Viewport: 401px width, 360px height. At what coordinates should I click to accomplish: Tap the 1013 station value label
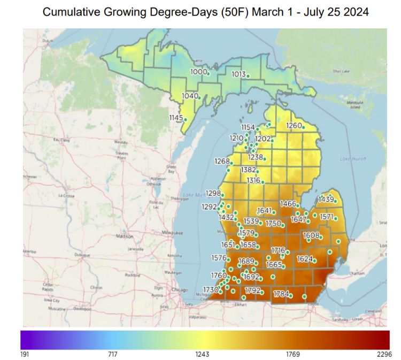click(x=238, y=74)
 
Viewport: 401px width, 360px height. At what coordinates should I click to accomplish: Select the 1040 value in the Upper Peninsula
click(x=190, y=96)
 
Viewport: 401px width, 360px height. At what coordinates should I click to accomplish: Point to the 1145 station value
click(x=176, y=118)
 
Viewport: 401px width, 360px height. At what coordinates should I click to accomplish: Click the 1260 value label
click(x=294, y=126)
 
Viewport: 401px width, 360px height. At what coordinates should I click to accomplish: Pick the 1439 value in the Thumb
click(x=326, y=200)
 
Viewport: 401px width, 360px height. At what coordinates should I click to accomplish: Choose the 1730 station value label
click(x=211, y=289)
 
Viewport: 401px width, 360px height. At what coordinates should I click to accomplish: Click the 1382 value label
click(x=248, y=170)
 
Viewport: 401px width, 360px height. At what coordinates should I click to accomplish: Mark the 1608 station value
click(x=311, y=235)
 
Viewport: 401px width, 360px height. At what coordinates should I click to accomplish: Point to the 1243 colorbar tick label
click(x=203, y=354)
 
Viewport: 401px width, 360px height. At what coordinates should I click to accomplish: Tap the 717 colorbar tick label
click(x=112, y=354)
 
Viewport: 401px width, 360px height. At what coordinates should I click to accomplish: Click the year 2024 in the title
click(x=356, y=12)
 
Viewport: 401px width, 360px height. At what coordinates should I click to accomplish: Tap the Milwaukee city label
click(x=172, y=233)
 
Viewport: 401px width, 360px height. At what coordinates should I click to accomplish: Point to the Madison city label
click(x=124, y=236)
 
